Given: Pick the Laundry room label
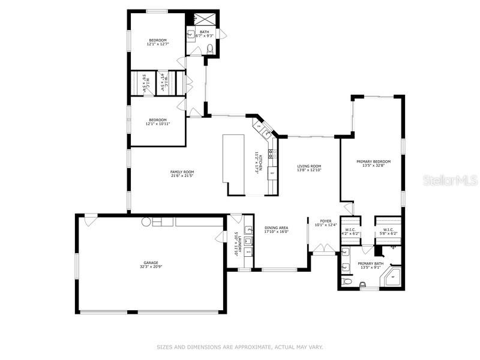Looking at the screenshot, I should (238, 245).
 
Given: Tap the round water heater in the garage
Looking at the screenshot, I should (146, 221).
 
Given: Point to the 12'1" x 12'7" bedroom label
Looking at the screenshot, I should (158, 41).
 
